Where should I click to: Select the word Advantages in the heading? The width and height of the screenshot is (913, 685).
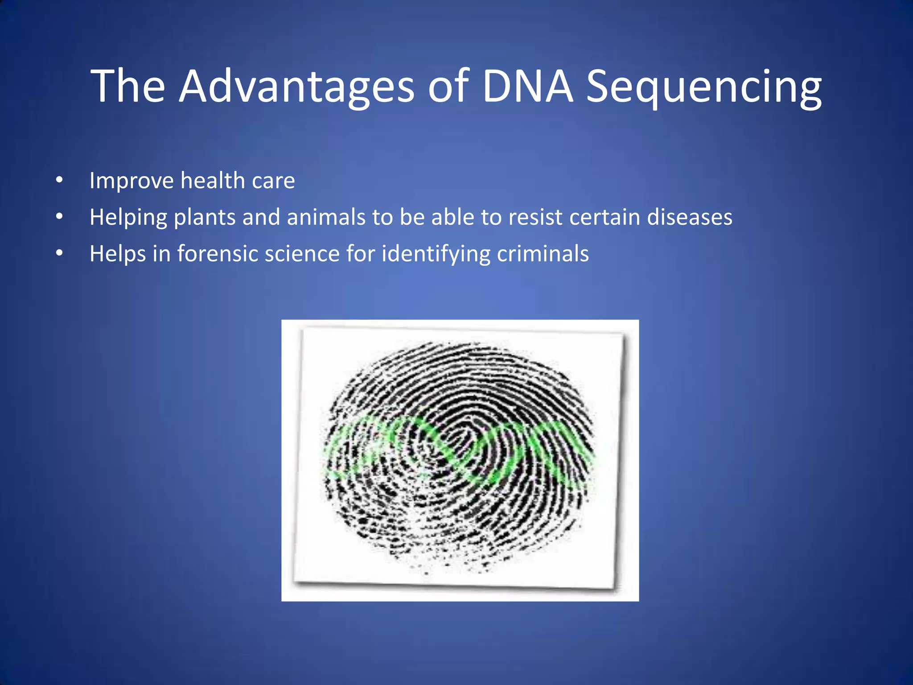pos(296,87)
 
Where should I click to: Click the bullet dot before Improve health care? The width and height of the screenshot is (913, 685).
pos(59,181)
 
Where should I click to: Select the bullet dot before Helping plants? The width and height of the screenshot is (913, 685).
pos(59,217)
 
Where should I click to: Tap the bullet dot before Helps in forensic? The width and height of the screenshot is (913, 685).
pos(59,253)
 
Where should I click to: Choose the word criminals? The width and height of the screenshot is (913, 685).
pos(543,254)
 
